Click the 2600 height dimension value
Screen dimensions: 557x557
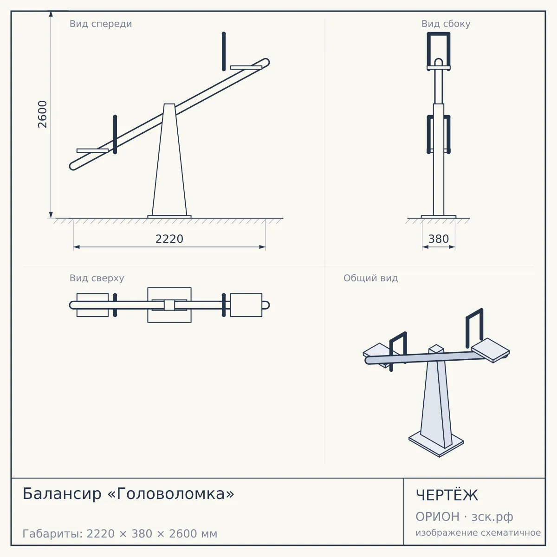[42, 114]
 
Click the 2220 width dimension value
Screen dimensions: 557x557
[169, 239]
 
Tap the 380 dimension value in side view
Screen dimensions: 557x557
[439, 239]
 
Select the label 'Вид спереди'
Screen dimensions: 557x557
[101, 24]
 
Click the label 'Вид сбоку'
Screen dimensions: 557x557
[446, 24]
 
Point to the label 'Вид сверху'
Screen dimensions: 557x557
[97, 278]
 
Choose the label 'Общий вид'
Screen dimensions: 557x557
[370, 278]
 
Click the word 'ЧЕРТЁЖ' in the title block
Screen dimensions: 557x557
[447, 495]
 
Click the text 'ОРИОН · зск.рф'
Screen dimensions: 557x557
[464, 517]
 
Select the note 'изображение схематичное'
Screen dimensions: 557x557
[478, 532]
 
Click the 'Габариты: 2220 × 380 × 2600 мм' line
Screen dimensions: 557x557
[120, 534]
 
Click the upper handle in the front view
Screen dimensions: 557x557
[224, 52]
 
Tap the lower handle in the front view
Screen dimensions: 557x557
[115, 135]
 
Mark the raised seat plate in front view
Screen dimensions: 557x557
[246, 68]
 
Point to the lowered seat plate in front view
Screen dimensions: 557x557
[92, 150]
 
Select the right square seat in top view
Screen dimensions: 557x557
[246, 305]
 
